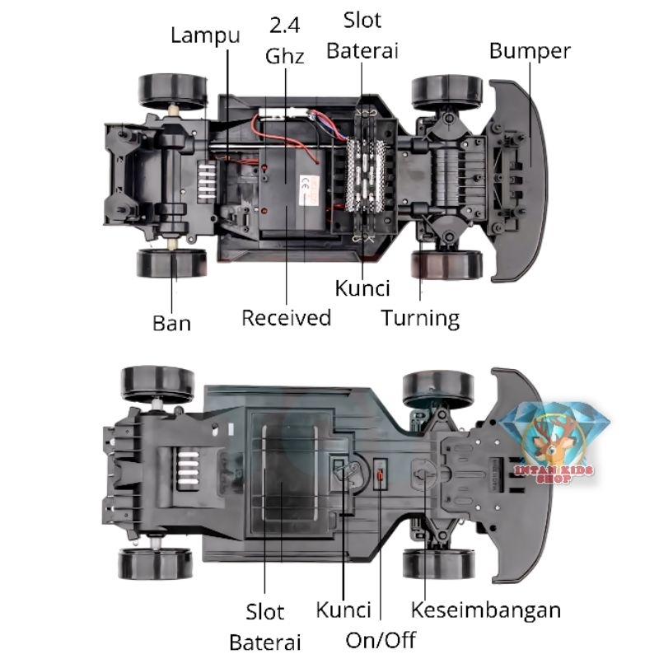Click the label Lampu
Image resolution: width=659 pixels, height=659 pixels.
[205, 35]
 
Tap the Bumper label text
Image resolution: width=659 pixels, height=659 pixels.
[530, 51]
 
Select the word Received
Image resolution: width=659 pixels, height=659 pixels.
[286, 318]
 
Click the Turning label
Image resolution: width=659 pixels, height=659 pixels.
[420, 319]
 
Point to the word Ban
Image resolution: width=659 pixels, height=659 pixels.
[171, 323]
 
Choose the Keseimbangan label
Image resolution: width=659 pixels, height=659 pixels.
[485, 610]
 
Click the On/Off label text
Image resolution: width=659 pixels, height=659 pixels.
[381, 640]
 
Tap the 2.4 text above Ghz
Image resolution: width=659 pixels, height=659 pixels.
[284, 26]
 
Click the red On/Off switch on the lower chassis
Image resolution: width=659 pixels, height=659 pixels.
[381, 475]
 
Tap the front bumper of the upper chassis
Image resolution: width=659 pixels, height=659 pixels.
[520, 180]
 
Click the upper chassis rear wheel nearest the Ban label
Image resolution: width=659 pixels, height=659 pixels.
[171, 263]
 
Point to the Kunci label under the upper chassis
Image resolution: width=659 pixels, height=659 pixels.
[362, 288]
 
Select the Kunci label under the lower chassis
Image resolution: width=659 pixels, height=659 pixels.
[344, 610]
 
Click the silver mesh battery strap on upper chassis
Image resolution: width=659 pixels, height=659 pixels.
[366, 175]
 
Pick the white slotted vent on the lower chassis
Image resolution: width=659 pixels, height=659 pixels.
[189, 470]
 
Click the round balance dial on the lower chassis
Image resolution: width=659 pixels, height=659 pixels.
[423, 475]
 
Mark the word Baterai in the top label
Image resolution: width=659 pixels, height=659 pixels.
[362, 51]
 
